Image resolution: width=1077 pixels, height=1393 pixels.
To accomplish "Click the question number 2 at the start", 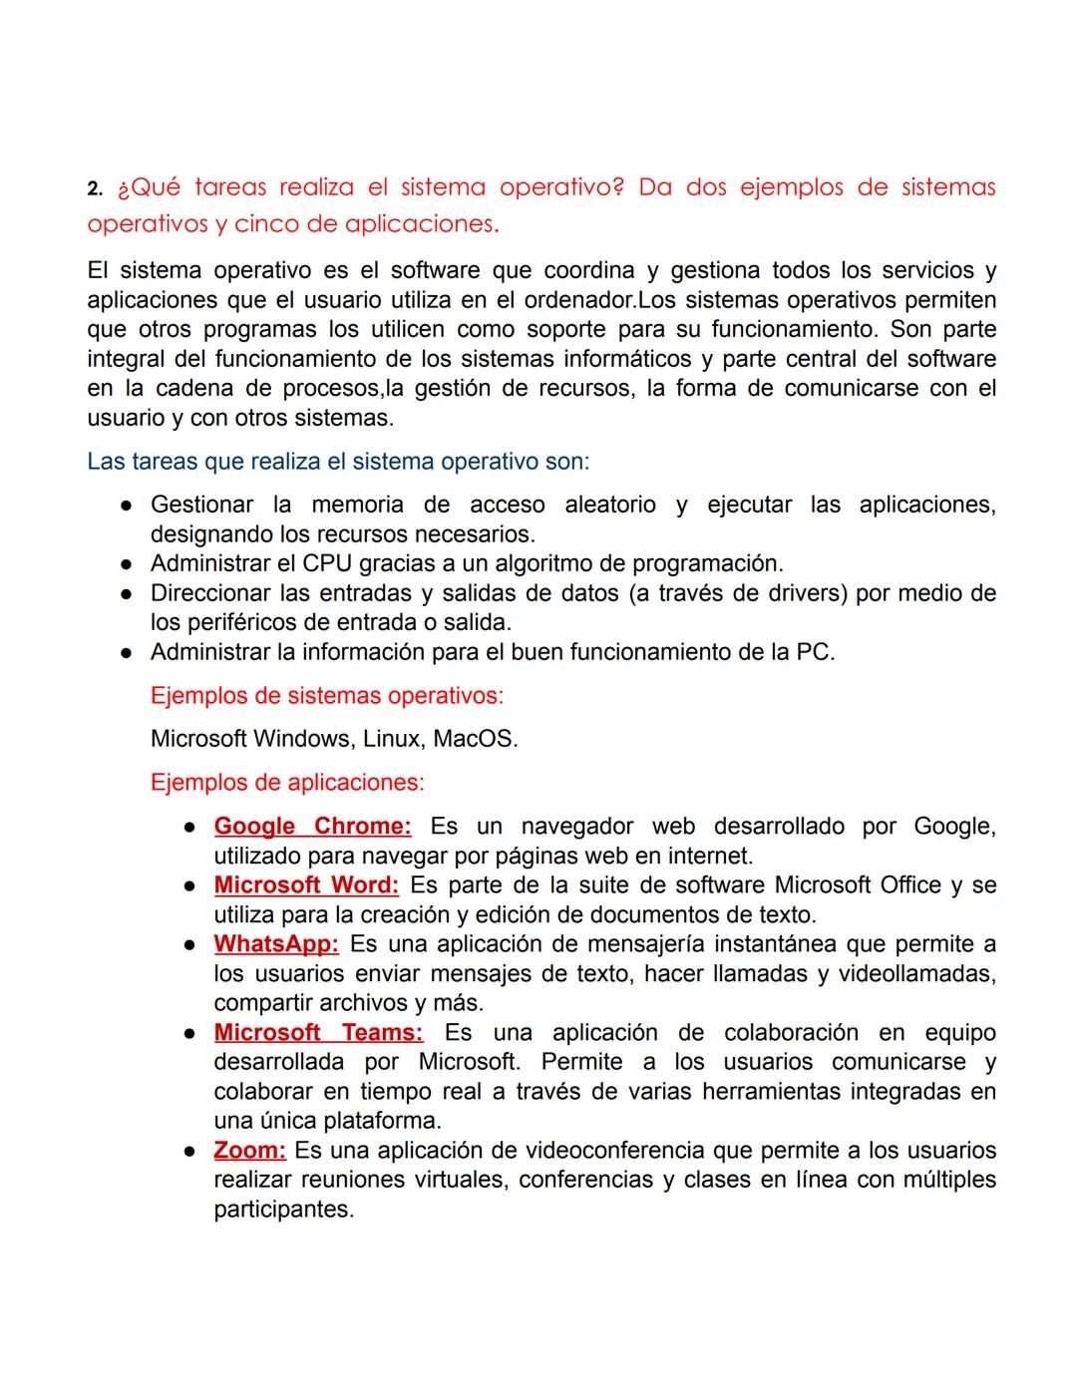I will point(94,188).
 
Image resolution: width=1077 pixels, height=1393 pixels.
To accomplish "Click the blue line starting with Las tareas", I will point(338,462).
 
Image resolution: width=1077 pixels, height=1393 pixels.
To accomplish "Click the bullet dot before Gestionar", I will point(128,506).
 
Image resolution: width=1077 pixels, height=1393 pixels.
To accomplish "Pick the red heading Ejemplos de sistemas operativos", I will point(326,696).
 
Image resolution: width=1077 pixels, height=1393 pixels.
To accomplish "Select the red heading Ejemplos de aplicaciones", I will point(287,783).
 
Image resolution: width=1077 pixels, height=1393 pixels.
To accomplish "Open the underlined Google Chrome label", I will point(312,827).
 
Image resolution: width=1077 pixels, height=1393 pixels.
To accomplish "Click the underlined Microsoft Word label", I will point(306,885).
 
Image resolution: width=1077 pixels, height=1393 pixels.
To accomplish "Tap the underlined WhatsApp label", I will point(276,944).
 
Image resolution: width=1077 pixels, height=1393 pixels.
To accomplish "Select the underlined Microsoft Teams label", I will point(318,1033).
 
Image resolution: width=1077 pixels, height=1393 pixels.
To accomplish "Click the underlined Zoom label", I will point(249,1151).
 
